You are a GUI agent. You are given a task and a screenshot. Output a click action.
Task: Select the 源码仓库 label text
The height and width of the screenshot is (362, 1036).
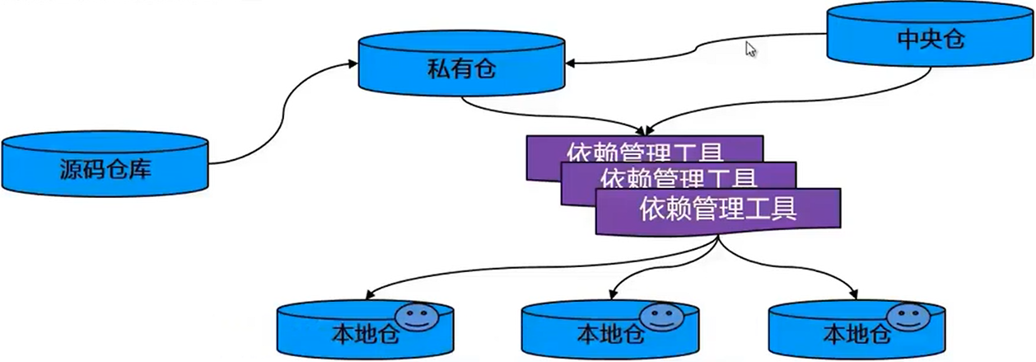105,170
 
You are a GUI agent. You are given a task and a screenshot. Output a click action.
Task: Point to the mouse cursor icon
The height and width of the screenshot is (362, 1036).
750,49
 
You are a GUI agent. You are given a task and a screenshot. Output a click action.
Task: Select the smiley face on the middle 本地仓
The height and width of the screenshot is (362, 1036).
661,317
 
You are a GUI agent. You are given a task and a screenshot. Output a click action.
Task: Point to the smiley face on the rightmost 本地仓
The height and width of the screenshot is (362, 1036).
907,317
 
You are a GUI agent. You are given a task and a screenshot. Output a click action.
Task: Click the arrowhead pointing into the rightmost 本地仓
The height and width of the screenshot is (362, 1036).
857,295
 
